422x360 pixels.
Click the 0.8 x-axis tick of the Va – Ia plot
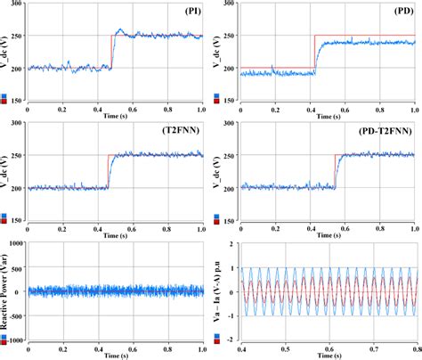click(415, 348)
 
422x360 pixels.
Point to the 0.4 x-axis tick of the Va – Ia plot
click(242, 348)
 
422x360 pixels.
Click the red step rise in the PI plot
click(111, 52)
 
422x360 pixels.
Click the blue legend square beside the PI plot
click(4, 95)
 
